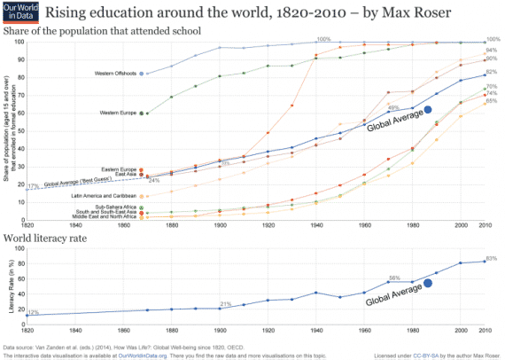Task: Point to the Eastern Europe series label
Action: tap(120, 168)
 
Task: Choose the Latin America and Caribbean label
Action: tap(103, 195)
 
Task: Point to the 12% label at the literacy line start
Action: tap(33, 312)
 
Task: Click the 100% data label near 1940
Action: tap(323, 39)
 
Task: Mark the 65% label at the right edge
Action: tap(491, 101)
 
